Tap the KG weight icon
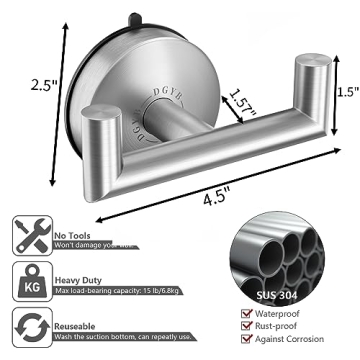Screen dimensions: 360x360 tap(27, 282)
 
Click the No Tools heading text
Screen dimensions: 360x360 tap(73, 227)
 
